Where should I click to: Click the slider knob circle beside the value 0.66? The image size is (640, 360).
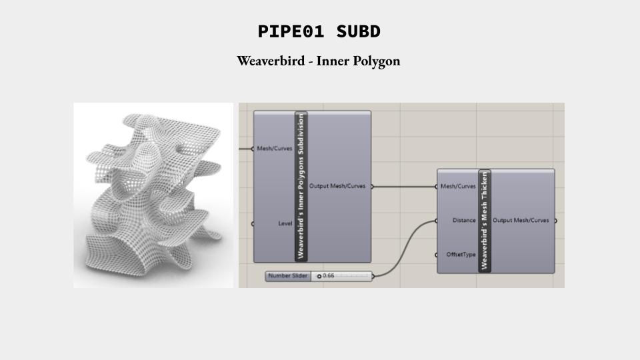[x=319, y=276]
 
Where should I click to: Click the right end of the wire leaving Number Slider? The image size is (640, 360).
[x=437, y=221]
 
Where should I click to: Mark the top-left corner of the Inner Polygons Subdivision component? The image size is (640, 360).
[x=253, y=111]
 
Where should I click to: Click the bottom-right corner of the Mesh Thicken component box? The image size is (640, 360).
[x=555, y=273]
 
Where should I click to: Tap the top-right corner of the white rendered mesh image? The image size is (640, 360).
[x=233, y=103]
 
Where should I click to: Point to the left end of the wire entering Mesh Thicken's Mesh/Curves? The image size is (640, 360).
[x=372, y=187]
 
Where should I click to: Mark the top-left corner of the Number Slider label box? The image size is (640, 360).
[x=265, y=271]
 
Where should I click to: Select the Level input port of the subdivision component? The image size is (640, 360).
[x=253, y=224]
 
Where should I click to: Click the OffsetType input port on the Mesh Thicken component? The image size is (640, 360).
[x=437, y=255]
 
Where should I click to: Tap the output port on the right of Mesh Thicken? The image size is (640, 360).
[x=555, y=221]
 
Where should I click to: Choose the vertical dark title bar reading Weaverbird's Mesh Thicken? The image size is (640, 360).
[x=485, y=221]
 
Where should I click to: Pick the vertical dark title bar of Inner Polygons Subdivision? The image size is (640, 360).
[x=301, y=186]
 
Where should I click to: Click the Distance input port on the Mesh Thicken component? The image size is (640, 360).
[x=437, y=221]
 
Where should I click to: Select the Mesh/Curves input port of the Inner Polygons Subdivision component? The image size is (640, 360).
[x=253, y=149]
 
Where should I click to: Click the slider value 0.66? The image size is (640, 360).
[x=329, y=276]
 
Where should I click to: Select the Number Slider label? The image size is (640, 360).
[x=288, y=276]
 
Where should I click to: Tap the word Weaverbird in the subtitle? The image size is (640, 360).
[x=271, y=61]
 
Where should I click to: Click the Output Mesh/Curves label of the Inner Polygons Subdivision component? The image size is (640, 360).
[x=337, y=186]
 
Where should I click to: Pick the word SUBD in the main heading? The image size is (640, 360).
[x=359, y=32]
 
